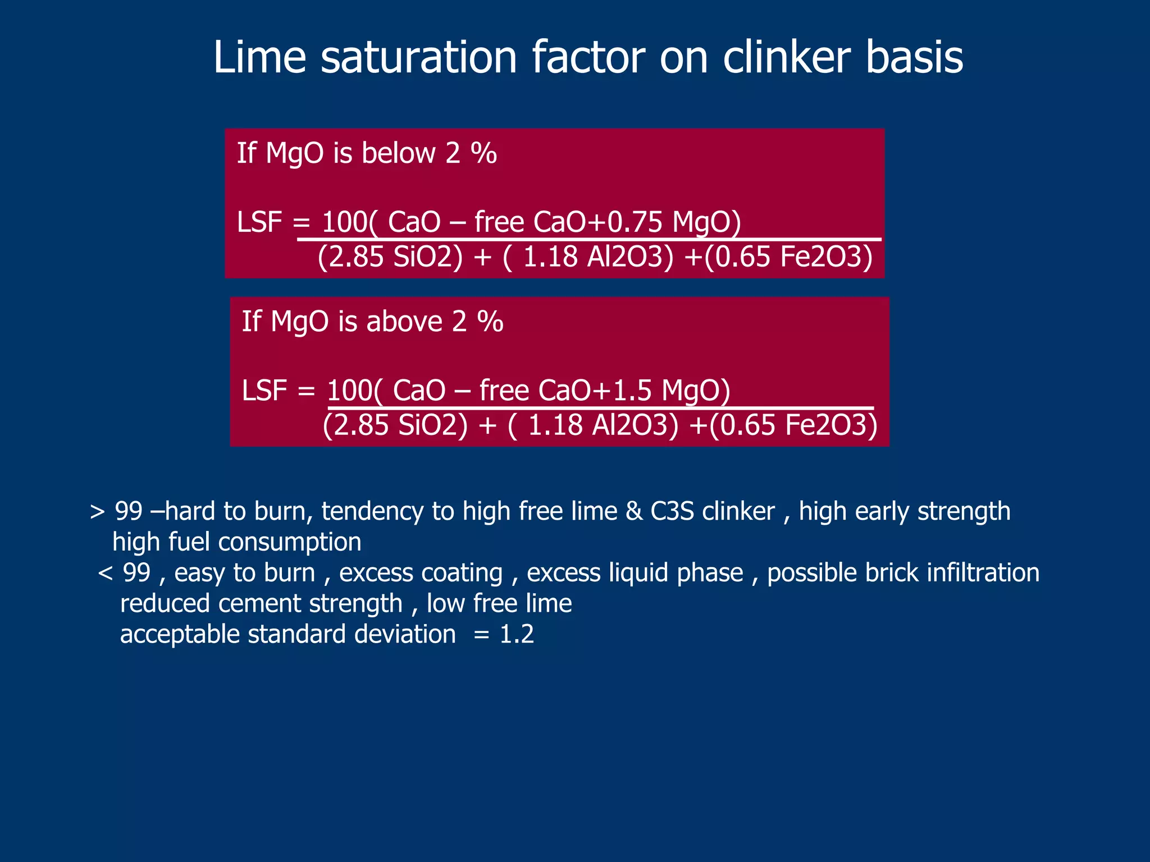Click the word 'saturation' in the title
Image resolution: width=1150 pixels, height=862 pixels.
coord(418,57)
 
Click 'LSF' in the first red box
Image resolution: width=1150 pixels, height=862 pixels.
coord(259,222)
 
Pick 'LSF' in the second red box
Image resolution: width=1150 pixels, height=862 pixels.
coord(264,390)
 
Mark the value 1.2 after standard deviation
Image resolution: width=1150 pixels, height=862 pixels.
coord(517,634)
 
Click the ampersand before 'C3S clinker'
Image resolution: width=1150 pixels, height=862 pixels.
coord(634,511)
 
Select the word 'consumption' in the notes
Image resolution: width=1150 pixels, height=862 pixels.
coord(290,542)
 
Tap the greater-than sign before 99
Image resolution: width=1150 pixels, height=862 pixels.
coord(97,511)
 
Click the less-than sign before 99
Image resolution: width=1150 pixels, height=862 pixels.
coord(105,573)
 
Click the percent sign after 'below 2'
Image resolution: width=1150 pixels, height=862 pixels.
coord(483,153)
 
